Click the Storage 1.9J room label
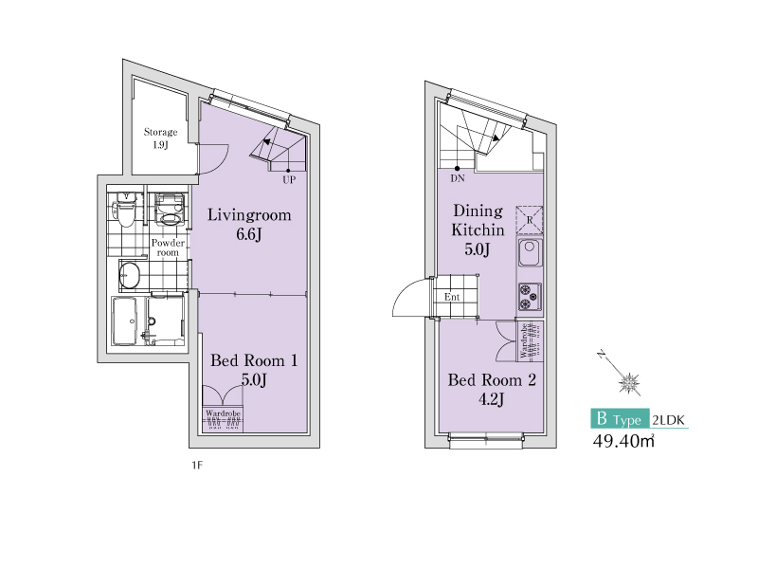(x=160, y=138)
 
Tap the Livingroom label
(x=249, y=215)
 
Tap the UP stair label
(x=289, y=180)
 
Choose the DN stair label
(x=458, y=178)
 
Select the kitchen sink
(x=530, y=252)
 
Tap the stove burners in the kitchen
(x=530, y=297)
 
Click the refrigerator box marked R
(x=530, y=220)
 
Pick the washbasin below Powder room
(x=130, y=275)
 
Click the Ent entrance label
(x=452, y=297)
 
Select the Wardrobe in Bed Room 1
(x=223, y=419)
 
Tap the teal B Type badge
(x=621, y=418)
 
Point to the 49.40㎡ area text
(x=623, y=441)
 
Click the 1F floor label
(x=197, y=466)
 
